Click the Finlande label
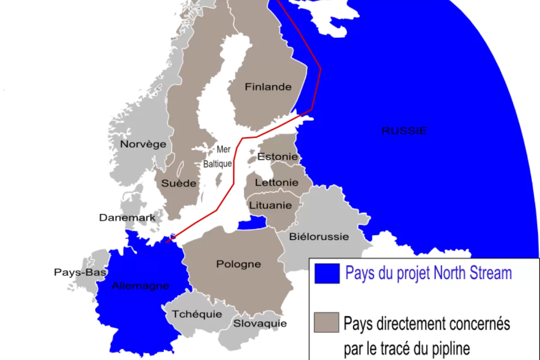(268, 87)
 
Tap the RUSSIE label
(404, 131)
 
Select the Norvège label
(143, 144)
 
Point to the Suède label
(179, 183)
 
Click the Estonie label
(278, 157)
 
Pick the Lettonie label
(276, 183)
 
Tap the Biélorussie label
(319, 236)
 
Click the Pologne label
(238, 264)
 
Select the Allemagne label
(140, 285)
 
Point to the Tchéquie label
(197, 314)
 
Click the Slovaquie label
(260, 324)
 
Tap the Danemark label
(127, 218)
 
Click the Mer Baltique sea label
(218, 157)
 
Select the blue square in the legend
(327, 274)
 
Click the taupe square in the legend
(327, 322)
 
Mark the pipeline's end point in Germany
(166, 242)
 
